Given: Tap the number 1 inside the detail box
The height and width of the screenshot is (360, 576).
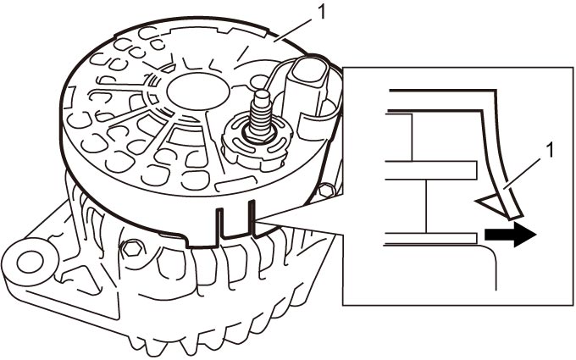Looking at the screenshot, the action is click(550, 151).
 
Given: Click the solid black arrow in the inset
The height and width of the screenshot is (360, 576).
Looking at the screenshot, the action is click(511, 235).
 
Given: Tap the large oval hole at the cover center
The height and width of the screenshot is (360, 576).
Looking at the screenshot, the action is click(198, 91).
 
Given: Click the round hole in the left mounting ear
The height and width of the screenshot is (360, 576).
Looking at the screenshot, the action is click(30, 263).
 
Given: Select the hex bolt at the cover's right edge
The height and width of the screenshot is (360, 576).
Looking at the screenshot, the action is click(326, 191).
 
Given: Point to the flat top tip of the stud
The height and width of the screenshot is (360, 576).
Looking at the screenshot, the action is click(262, 94).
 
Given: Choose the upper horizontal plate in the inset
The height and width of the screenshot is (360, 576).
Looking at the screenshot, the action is click(431, 170).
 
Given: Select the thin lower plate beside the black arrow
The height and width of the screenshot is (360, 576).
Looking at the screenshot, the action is click(430, 238).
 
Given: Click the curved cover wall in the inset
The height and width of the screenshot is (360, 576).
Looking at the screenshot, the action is click(496, 147).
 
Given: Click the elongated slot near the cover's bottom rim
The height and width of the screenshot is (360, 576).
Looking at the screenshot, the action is click(235, 183).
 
